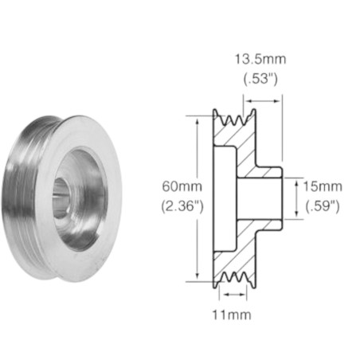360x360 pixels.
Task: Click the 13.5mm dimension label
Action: click(x=260, y=59)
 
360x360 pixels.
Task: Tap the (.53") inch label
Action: click(x=260, y=79)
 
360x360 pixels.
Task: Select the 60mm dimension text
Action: click(x=182, y=186)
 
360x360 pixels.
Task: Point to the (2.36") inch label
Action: click(x=182, y=206)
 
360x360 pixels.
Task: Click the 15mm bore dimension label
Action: click(x=323, y=186)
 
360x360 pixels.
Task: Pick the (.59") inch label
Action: click(x=323, y=206)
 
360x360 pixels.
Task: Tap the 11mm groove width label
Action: click(x=232, y=315)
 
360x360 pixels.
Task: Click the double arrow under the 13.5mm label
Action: click(x=263, y=101)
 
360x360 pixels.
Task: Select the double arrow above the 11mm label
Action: click(x=234, y=295)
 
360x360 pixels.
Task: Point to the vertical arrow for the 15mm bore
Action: click(x=296, y=198)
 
